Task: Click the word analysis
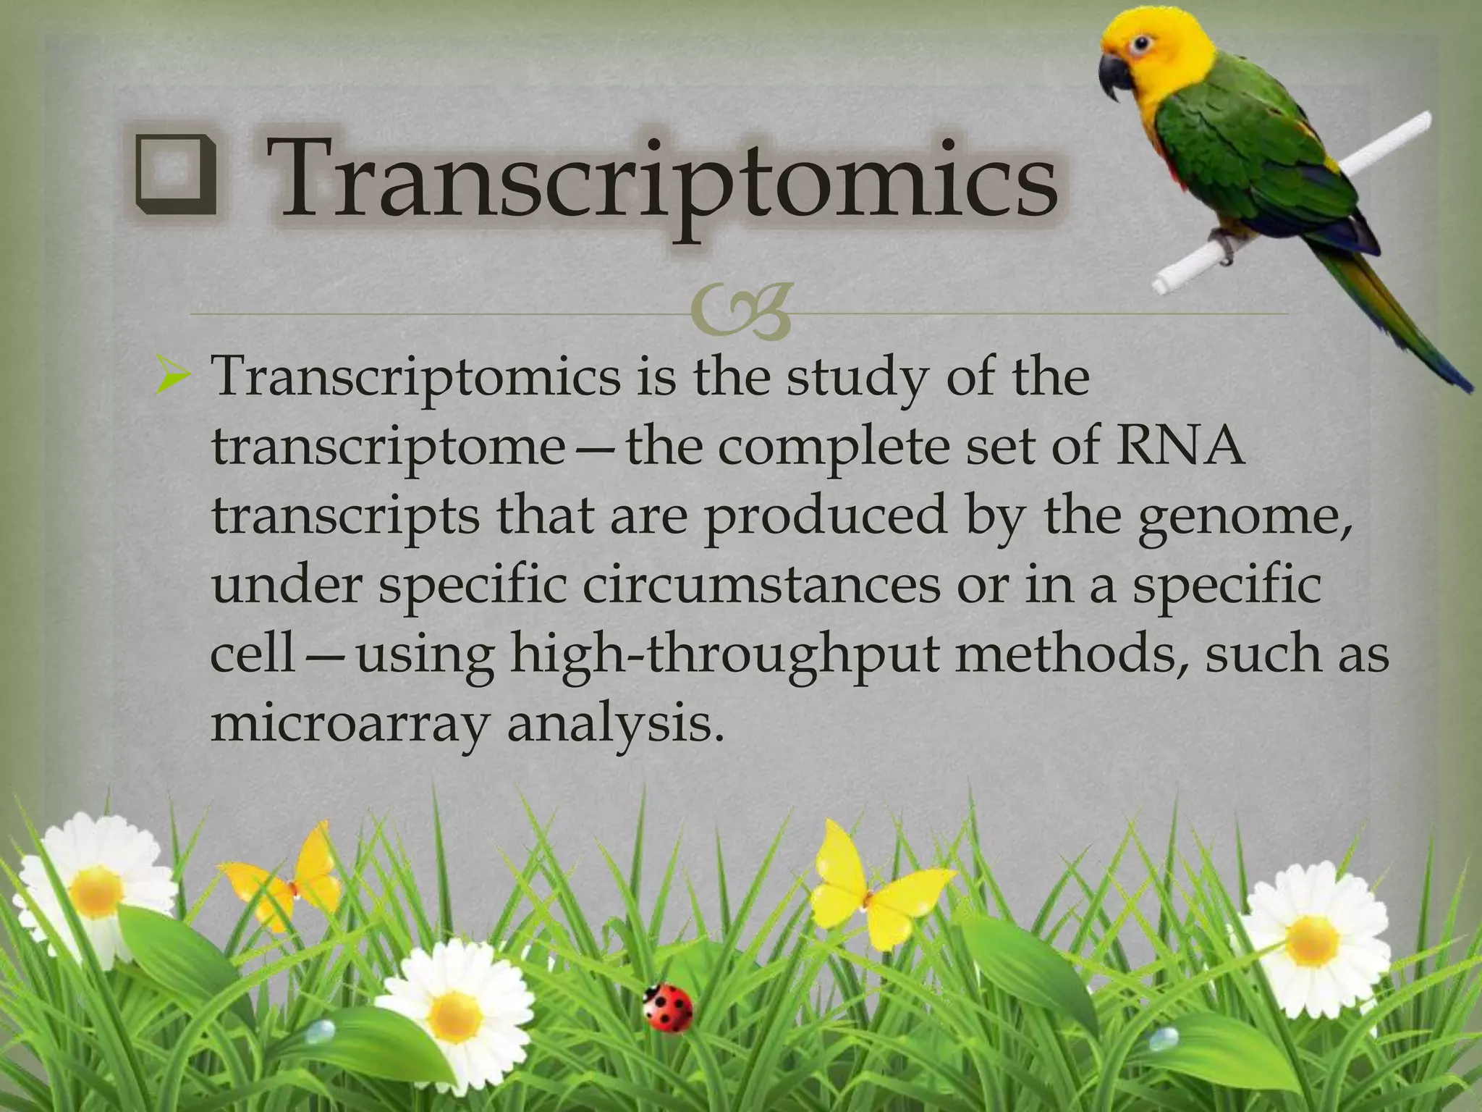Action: pos(615,723)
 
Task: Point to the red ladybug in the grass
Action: pos(667,1007)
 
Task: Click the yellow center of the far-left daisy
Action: pos(97,891)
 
